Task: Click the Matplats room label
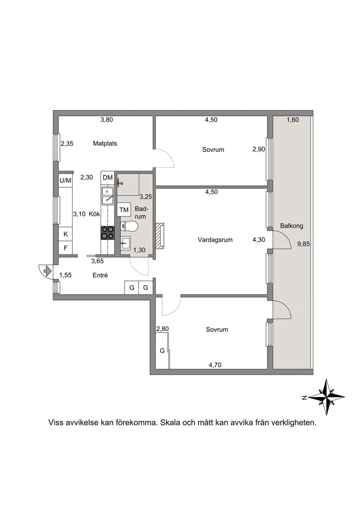coord(105,143)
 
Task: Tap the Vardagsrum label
coord(215,240)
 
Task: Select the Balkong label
coord(291,226)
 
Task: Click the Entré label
coord(100,275)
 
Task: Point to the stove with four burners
coord(107,233)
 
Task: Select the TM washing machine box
coord(124,209)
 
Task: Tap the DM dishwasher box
coord(107,178)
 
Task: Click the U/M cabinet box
coord(65,181)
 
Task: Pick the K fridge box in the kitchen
coord(65,234)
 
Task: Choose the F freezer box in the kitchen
coord(65,248)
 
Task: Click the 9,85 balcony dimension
coord(304,244)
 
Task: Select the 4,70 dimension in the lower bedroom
coord(215,365)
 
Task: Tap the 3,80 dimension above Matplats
coord(107,119)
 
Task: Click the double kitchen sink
coord(107,196)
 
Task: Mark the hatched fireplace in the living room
coord(160,236)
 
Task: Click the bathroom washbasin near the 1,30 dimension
coord(126,243)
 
